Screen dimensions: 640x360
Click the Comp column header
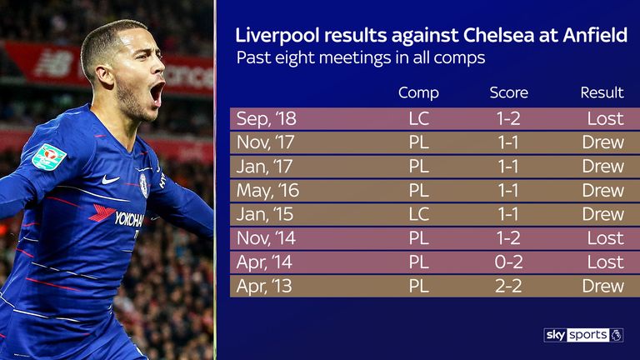(418, 93)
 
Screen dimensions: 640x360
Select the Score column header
(508, 92)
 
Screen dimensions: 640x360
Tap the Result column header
(602, 92)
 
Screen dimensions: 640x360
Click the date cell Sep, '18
(266, 119)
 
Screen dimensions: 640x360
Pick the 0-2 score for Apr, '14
(508, 262)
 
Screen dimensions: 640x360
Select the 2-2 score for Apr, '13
(508, 286)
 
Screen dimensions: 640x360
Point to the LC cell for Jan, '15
(419, 214)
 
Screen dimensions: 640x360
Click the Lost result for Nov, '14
(606, 238)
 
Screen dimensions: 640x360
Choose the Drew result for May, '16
(603, 190)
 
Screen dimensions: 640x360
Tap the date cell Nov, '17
(265, 142)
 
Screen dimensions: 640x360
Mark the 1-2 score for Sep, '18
(508, 119)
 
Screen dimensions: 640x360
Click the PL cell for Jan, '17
(419, 166)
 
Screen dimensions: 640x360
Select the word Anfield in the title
(595, 35)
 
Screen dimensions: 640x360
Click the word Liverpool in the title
(277, 36)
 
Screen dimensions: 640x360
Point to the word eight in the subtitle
(296, 58)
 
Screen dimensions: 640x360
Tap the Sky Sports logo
(583, 335)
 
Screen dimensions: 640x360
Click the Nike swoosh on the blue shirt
(110, 179)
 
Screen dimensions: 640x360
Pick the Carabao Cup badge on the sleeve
(49, 157)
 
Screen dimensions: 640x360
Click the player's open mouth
(157, 93)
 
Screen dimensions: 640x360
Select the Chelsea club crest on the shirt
(143, 186)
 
